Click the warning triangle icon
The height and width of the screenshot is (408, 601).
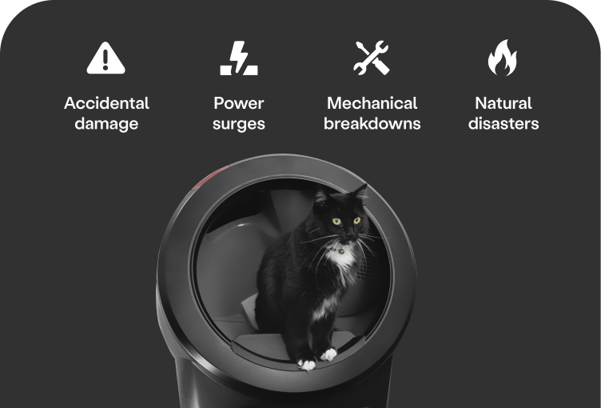coord(105,58)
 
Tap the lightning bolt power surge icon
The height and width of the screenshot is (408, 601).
coord(239,58)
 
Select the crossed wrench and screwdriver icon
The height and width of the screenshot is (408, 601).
coord(372,58)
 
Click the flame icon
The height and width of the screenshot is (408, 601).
coord(503,58)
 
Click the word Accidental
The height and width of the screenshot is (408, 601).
coord(106,103)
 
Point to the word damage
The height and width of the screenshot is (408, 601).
coord(106,124)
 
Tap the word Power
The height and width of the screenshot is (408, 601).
coord(239,103)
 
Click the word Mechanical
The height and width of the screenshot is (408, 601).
coord(372,103)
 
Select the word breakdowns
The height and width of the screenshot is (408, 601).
coord(372,123)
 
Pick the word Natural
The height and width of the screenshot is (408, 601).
coord(503,103)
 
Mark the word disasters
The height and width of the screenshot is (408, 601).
coord(503,123)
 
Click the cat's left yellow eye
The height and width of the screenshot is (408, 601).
coord(336,221)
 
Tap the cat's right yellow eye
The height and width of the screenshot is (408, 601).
coord(356,220)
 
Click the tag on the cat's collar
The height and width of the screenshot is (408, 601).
coord(340,251)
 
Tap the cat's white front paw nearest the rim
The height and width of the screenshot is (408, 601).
coord(307,364)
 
